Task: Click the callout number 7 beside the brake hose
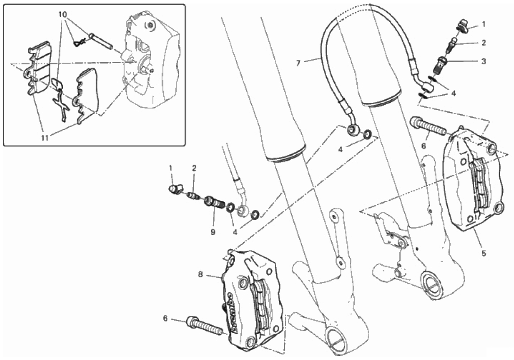click(298, 63)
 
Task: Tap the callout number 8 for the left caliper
click(200, 274)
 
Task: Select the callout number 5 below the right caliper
click(484, 253)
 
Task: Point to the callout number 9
click(213, 232)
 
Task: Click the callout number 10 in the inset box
click(63, 15)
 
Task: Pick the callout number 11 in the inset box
click(45, 138)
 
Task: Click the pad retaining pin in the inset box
click(101, 41)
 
